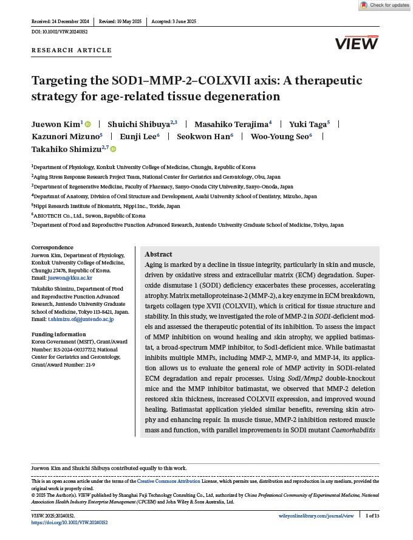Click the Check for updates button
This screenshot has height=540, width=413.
tap(385, 5)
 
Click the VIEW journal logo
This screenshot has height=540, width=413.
tap(357, 43)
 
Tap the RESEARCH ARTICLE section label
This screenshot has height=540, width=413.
tap(72, 50)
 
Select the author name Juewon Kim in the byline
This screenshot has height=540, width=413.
tap(55, 123)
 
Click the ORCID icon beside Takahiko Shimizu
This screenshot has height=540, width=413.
tap(113, 149)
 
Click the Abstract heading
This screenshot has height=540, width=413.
tap(159, 254)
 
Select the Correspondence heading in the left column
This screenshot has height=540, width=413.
tap(52, 247)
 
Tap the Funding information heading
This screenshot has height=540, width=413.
tap(60, 334)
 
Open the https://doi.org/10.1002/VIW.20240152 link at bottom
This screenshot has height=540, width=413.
tap(69, 522)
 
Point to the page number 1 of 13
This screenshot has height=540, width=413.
tap(372, 516)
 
